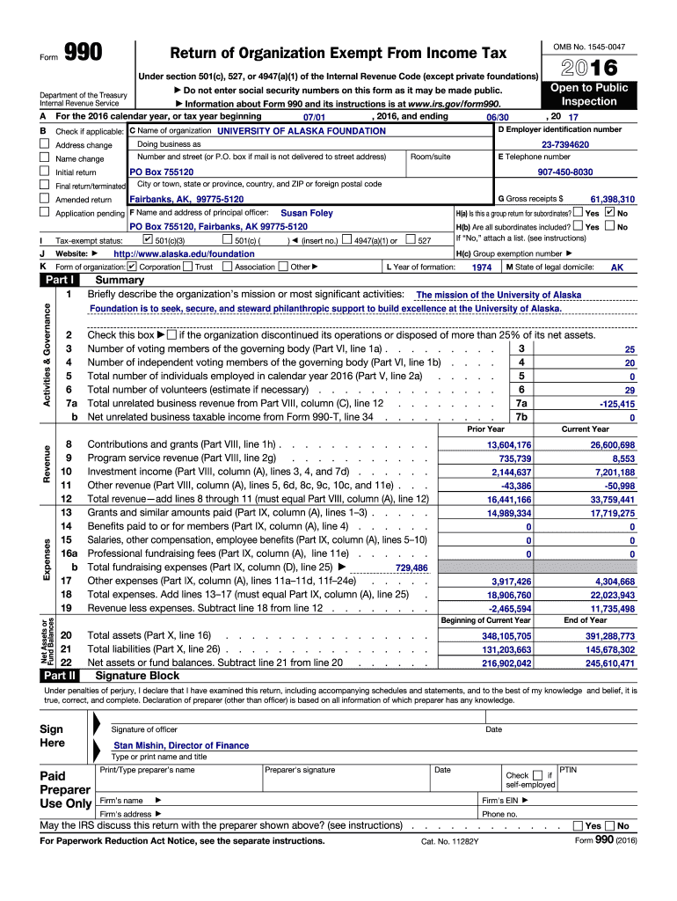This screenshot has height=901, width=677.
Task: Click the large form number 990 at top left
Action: [84, 55]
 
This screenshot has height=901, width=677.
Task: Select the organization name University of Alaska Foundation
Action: [301, 131]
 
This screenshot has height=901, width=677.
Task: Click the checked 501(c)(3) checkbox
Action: [147, 239]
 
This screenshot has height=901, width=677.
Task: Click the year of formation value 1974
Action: [481, 267]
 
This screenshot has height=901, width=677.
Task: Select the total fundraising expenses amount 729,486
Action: [411, 568]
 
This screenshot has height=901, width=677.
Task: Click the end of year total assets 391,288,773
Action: [608, 635]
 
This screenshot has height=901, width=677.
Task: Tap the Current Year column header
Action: [585, 429]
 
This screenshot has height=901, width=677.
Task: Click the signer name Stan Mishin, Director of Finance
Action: [181, 745]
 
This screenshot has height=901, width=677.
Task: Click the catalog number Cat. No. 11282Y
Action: [449, 841]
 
